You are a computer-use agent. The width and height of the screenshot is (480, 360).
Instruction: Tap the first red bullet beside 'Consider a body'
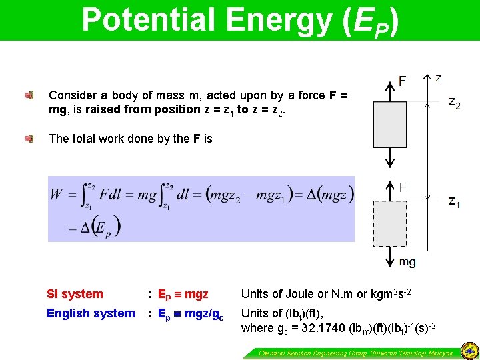[x=29, y=95]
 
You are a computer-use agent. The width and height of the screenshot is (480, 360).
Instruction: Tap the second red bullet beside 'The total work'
[x=29, y=139]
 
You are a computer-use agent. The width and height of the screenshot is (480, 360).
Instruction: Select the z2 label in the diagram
[x=454, y=103]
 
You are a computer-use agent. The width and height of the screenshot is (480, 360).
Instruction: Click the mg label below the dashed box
[x=407, y=262]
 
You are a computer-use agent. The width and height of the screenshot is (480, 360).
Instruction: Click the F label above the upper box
[x=402, y=81]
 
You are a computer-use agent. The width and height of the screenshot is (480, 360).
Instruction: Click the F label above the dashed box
[x=402, y=187]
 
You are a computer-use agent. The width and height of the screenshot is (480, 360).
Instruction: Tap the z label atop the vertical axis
[x=438, y=78]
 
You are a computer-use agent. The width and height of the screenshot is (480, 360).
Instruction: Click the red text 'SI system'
[x=75, y=294]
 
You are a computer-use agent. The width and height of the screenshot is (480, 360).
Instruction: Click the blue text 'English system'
[x=91, y=313]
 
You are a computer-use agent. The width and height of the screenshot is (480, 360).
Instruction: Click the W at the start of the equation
[x=57, y=194]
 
